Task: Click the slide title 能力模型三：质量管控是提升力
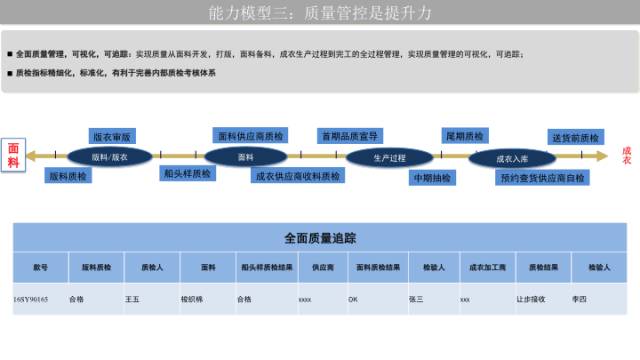point(320,14)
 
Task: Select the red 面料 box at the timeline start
point(13,154)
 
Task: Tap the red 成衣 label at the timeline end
point(626,155)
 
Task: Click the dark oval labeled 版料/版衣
point(110,156)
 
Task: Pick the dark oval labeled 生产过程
point(390,156)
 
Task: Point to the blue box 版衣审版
point(112,136)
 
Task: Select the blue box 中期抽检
point(430,177)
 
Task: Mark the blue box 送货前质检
point(576,137)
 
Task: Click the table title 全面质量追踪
point(320,238)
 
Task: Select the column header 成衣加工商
point(488,268)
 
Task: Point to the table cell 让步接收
point(530,298)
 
